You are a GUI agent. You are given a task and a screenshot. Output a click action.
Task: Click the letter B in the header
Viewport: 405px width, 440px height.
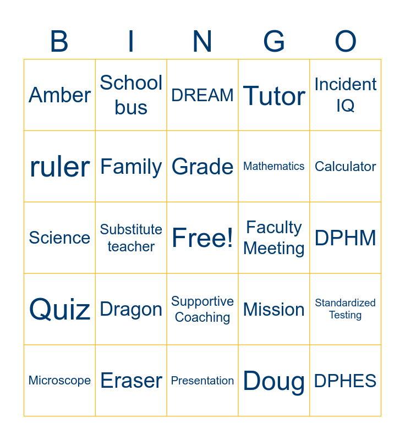point(59,41)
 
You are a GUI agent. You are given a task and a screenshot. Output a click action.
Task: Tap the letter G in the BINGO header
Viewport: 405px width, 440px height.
point(274,41)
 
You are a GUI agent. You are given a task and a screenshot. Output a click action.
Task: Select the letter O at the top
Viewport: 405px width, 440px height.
point(346,41)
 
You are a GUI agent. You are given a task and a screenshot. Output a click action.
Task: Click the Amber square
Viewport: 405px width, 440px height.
point(60,95)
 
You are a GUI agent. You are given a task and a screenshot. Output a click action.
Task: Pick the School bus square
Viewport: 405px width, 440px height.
point(131,95)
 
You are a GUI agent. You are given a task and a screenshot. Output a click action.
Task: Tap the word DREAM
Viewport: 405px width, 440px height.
point(202,95)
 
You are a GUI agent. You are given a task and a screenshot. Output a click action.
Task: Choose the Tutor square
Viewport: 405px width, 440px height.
point(274,95)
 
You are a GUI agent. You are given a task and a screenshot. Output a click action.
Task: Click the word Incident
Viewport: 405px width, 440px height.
point(345,84)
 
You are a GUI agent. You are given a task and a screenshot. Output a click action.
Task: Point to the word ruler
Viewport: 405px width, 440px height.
point(60,167)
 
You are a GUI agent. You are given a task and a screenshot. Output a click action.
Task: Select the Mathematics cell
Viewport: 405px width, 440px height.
point(274,167)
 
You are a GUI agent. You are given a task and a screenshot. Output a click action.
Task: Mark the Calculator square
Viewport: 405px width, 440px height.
point(346,167)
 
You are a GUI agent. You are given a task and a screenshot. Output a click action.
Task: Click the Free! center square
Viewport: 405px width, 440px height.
point(202,238)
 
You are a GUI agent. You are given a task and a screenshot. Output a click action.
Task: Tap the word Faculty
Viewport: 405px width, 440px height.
point(274,228)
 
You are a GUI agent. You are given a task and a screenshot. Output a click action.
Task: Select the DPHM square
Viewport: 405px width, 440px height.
point(346,238)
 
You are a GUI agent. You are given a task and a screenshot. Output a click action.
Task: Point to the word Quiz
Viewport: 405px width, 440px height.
point(60,310)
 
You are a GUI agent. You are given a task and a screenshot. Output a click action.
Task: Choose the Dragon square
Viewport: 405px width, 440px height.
point(131,309)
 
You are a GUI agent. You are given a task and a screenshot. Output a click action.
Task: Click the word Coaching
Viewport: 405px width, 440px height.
point(202,317)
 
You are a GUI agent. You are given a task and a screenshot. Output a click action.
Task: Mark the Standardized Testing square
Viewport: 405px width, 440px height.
point(346,309)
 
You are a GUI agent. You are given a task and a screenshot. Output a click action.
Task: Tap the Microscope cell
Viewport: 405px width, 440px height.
point(60,381)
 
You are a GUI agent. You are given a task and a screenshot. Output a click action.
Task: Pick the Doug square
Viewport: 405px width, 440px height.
point(274,381)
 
